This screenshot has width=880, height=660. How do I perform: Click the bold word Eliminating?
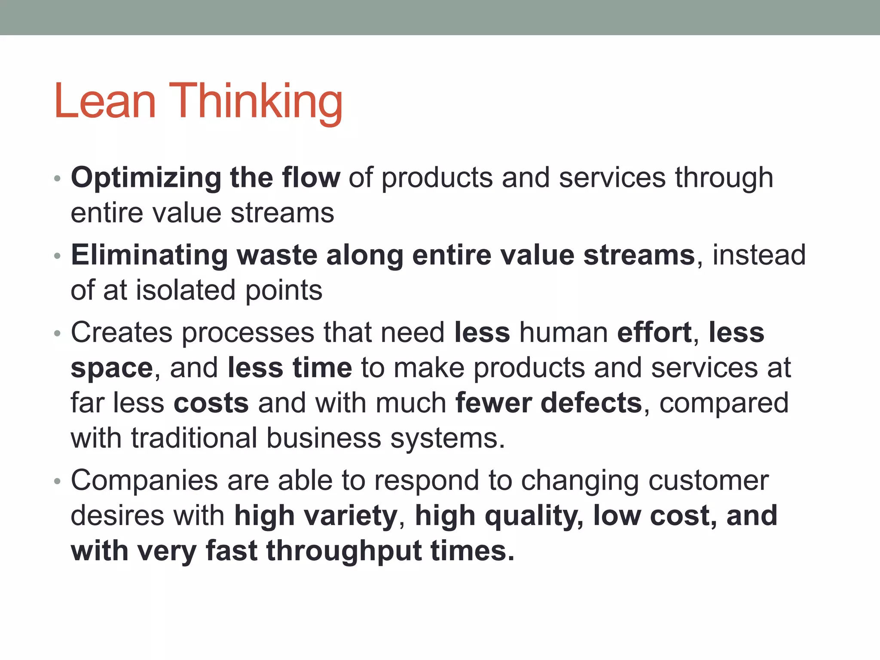pyautogui.click(x=149, y=255)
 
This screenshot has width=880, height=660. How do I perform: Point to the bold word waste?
pyautogui.click(x=277, y=255)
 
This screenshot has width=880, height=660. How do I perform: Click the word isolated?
pyautogui.click(x=186, y=290)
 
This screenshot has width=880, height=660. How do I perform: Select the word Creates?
pyautogui.click(x=122, y=333)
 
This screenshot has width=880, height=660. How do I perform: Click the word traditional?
pyautogui.click(x=194, y=438)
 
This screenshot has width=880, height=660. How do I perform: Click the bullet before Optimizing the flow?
pyautogui.click(x=58, y=179)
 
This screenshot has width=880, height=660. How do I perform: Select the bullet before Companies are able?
pyautogui.click(x=58, y=481)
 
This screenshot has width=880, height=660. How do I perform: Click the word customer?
pyautogui.click(x=708, y=480)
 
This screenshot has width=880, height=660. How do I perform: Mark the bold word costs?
pyautogui.click(x=211, y=403)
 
